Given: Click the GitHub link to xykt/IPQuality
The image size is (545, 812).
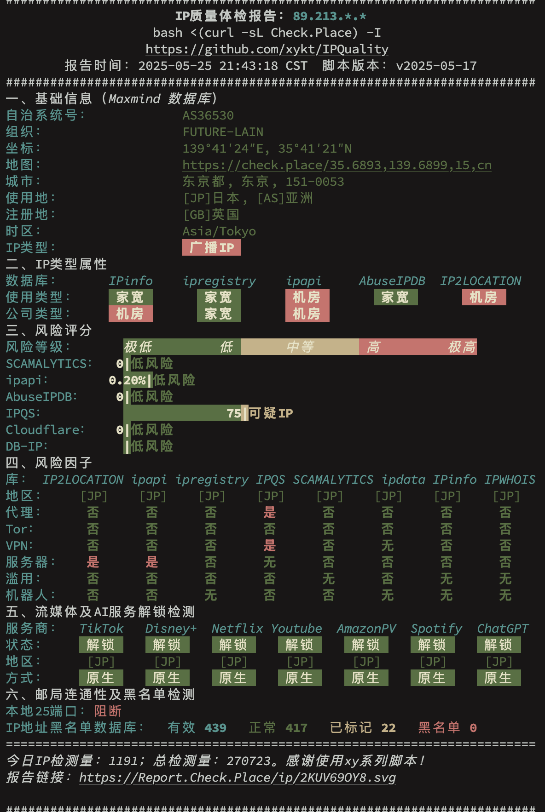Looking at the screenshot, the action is [x=267, y=49].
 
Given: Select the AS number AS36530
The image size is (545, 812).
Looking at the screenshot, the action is [x=208, y=115].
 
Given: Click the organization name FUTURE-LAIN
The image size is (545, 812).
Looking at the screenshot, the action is [x=223, y=132].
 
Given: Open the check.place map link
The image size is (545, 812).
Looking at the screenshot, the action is [x=337, y=165].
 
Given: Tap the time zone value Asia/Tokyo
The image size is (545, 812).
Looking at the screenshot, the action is [x=219, y=231].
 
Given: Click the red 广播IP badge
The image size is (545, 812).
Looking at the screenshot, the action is [x=212, y=247].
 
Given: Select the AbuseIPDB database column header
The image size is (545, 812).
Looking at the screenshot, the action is [x=392, y=281].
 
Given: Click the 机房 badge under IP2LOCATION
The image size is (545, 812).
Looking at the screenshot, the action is [x=484, y=297].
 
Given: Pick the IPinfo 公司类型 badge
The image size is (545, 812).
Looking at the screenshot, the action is [x=131, y=314].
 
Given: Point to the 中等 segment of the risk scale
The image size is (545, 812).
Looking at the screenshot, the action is [x=300, y=347].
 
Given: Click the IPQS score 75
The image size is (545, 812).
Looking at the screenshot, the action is [x=234, y=413].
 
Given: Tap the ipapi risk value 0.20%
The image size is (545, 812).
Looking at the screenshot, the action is [x=128, y=380].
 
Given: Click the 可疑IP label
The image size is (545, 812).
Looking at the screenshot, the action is [x=271, y=413].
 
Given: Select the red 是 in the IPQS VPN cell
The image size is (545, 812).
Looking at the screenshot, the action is [x=270, y=545].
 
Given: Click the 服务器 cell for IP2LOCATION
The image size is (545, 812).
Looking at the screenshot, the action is [x=93, y=562].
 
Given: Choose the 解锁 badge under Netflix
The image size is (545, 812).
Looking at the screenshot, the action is [x=234, y=645].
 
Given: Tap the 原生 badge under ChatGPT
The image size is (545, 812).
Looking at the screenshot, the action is [x=499, y=678].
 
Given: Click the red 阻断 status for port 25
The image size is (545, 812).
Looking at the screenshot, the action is [x=108, y=711].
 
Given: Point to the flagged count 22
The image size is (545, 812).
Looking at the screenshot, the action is [x=388, y=728].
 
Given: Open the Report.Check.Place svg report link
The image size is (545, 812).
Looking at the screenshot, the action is [x=238, y=778].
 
